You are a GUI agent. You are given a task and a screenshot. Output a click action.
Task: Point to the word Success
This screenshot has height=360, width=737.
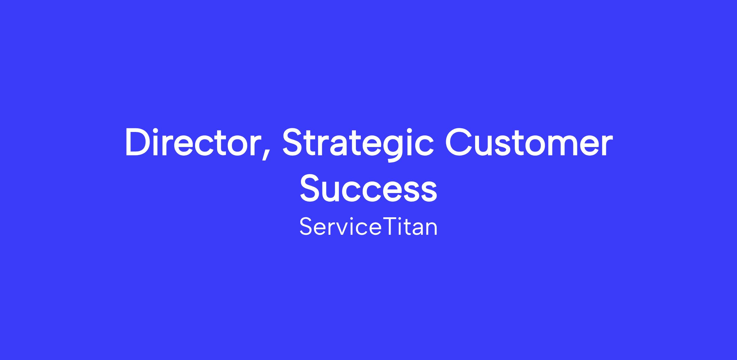click(x=368, y=188)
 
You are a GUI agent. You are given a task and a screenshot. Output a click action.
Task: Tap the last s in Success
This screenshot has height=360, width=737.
click(x=429, y=192)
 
